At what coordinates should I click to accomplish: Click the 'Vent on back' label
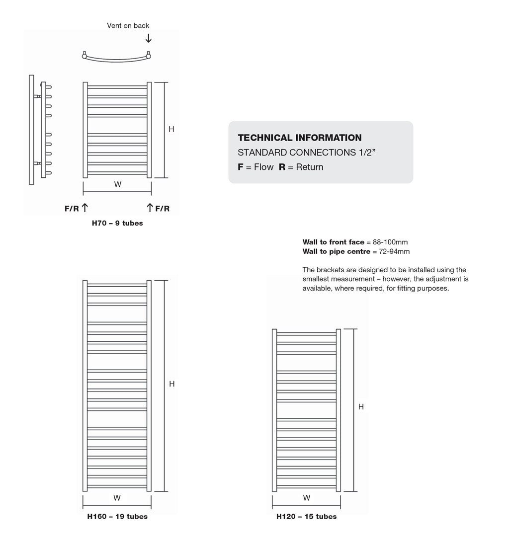pyautogui.click(x=128, y=26)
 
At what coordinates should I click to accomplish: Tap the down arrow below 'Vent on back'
pyautogui.click(x=148, y=38)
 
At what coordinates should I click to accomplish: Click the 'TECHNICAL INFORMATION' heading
pyautogui.click(x=300, y=138)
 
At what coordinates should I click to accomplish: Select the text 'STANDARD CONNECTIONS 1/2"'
pyautogui.click(x=306, y=152)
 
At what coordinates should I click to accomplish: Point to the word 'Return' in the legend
pyautogui.click(x=309, y=167)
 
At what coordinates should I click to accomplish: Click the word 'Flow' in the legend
pyautogui.click(x=263, y=167)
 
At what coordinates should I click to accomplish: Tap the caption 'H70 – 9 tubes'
pyautogui.click(x=117, y=224)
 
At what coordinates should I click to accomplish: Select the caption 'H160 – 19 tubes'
pyautogui.click(x=117, y=517)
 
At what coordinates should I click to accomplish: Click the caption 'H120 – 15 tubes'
pyautogui.click(x=306, y=517)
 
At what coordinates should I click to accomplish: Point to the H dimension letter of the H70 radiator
pyautogui.click(x=171, y=129)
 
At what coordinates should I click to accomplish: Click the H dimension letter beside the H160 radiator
pyautogui.click(x=171, y=384)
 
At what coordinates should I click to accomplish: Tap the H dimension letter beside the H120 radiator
pyautogui.click(x=361, y=407)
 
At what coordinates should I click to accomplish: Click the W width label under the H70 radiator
pyautogui.click(x=117, y=185)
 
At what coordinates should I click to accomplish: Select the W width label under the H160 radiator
pyautogui.click(x=117, y=498)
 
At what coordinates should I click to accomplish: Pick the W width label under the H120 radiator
pyautogui.click(x=306, y=498)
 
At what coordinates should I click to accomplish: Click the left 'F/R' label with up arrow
pyautogui.click(x=76, y=209)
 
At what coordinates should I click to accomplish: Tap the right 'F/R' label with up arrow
pyautogui.click(x=159, y=209)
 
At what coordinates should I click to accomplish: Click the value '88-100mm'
pyautogui.click(x=390, y=242)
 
